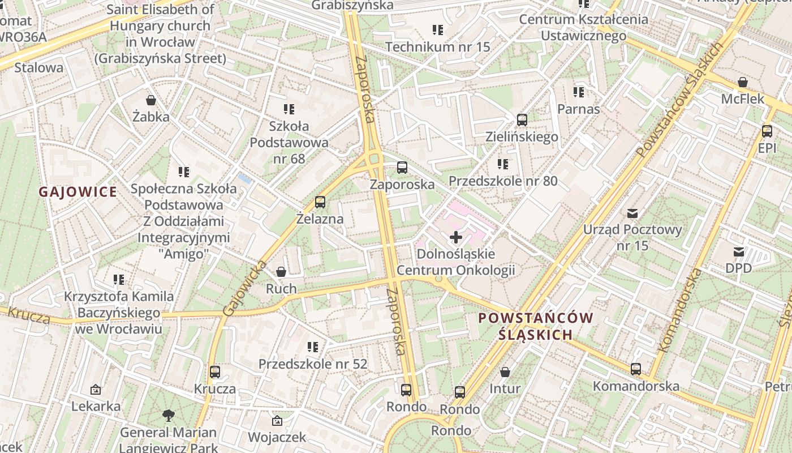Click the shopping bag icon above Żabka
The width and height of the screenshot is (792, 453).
click(x=151, y=100)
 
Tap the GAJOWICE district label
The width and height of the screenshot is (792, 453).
click(x=78, y=192)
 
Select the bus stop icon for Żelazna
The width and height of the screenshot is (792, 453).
click(x=320, y=202)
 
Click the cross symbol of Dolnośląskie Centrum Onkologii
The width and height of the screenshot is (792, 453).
click(x=455, y=237)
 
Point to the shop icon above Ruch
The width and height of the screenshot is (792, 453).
click(x=281, y=272)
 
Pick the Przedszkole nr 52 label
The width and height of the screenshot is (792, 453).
click(x=313, y=364)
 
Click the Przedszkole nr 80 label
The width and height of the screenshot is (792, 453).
click(x=503, y=181)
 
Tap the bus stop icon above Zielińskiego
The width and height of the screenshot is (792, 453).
click(x=522, y=120)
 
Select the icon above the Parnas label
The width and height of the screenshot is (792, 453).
click(x=578, y=92)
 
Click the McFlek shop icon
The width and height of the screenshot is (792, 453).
click(x=743, y=83)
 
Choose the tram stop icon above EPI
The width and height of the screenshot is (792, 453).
click(x=767, y=131)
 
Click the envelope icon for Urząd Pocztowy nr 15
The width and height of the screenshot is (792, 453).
click(x=632, y=213)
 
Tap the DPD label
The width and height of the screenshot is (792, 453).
click(x=738, y=268)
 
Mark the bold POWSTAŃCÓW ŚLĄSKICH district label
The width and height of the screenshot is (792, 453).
click(x=536, y=326)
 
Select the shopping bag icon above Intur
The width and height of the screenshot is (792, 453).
click(x=505, y=372)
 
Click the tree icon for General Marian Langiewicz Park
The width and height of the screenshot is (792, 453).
click(x=168, y=416)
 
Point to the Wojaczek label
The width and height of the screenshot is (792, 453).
click(x=277, y=437)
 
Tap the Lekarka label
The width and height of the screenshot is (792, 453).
click(x=96, y=406)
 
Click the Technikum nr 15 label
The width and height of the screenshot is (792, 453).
click(x=438, y=46)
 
